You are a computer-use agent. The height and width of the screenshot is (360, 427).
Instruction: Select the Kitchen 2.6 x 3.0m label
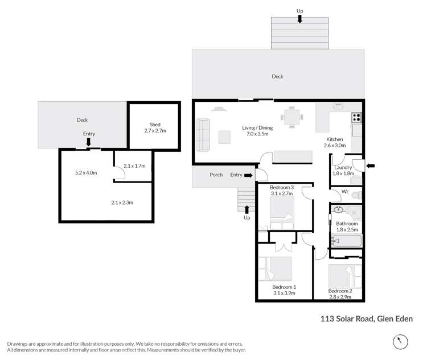tap(335, 142)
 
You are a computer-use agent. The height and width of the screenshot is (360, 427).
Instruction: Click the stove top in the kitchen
tap(357, 118)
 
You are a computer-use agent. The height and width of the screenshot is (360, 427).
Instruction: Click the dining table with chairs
tap(293, 117)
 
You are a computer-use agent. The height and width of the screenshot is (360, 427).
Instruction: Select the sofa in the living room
tap(203, 132)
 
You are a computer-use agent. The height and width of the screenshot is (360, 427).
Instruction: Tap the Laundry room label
tap(343, 168)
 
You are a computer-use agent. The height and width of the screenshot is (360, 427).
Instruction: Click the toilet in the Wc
tap(356, 195)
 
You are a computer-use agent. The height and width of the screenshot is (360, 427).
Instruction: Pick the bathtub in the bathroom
tap(346, 241)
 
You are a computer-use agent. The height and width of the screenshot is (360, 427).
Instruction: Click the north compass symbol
tap(401, 342)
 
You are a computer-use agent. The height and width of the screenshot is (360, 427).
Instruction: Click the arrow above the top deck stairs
tap(299, 20)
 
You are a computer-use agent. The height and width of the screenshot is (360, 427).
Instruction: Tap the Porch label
tap(216, 175)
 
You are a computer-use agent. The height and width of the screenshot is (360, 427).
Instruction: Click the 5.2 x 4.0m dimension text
tap(87, 172)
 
